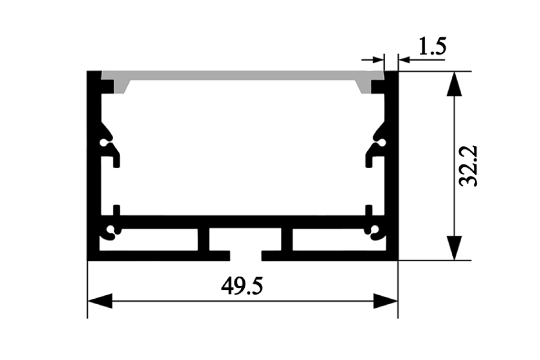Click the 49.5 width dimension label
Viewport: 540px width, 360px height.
coord(242,286)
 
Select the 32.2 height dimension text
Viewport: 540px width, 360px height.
coord(468,166)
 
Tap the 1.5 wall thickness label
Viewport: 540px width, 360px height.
coord(433,46)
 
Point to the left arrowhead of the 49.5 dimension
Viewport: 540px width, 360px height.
coord(100,301)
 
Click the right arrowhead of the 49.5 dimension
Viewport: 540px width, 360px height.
coord(386,301)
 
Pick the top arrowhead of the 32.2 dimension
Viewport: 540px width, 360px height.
coord(454,84)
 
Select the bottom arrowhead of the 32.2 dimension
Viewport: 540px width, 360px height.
coord(454,248)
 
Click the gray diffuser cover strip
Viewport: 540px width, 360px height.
coord(242,76)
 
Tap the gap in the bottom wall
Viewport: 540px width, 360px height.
coord(246,256)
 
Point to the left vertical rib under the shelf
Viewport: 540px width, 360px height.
coord(203,239)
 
